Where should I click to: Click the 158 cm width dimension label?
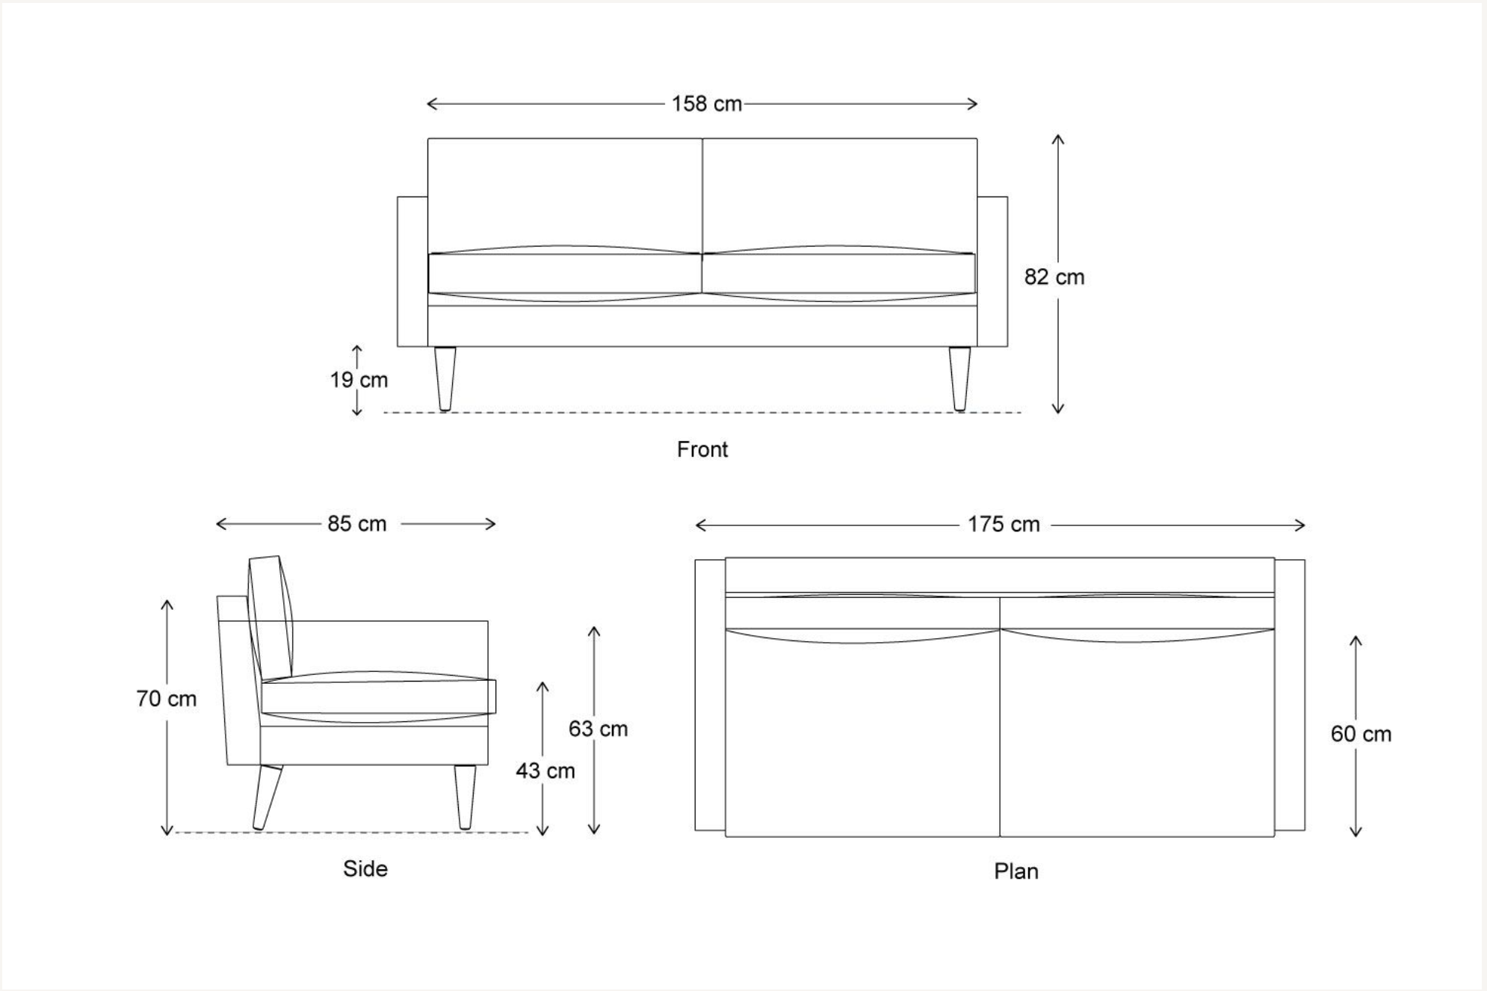tap(706, 104)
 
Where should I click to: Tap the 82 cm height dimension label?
tap(1054, 277)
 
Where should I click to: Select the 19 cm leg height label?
tap(359, 380)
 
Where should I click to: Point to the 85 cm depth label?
tap(356, 524)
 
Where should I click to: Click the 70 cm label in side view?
tap(166, 699)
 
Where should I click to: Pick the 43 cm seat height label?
tap(545, 771)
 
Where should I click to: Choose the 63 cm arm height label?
tap(598, 729)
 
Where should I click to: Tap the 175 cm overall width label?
tap(1004, 525)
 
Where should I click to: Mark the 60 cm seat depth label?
tap(1361, 734)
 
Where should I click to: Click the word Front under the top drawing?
tap(702, 449)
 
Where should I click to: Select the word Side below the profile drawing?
tap(365, 868)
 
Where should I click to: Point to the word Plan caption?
tap(1015, 871)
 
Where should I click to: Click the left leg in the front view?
tap(445, 378)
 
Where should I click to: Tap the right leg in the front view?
tap(959, 378)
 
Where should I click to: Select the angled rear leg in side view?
tap(267, 797)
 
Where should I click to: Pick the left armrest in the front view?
tap(412, 271)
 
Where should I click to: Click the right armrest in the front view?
tap(992, 271)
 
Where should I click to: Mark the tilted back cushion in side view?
tap(270, 617)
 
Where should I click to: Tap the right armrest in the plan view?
tap(1290, 694)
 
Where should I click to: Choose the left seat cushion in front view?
tap(564, 274)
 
